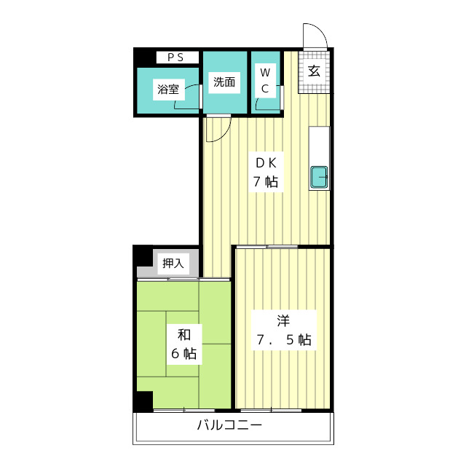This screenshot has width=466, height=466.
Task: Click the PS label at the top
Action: click(176, 57)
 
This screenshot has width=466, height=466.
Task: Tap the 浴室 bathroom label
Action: click(167, 90)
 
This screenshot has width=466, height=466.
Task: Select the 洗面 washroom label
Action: click(224, 82)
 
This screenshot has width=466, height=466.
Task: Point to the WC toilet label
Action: click(265, 80)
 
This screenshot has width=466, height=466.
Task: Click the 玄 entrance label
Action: click(314, 71)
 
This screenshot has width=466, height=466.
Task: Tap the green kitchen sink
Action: click(320, 178)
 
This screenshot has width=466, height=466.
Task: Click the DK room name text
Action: click(265, 162)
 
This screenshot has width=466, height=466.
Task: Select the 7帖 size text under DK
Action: click(265, 182)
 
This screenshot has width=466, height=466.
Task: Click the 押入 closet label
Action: click(174, 263)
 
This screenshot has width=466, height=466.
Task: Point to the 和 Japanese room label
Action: click(184, 335)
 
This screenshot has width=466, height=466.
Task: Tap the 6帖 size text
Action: click(184, 355)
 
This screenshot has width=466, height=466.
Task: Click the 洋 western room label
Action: click(283, 320)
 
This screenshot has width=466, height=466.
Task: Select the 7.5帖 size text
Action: click(283, 339)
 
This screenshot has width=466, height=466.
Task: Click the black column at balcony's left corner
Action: click(143, 401)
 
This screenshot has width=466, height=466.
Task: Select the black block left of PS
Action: click(145, 57)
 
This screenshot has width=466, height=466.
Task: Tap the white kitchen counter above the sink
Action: click(320, 146)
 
